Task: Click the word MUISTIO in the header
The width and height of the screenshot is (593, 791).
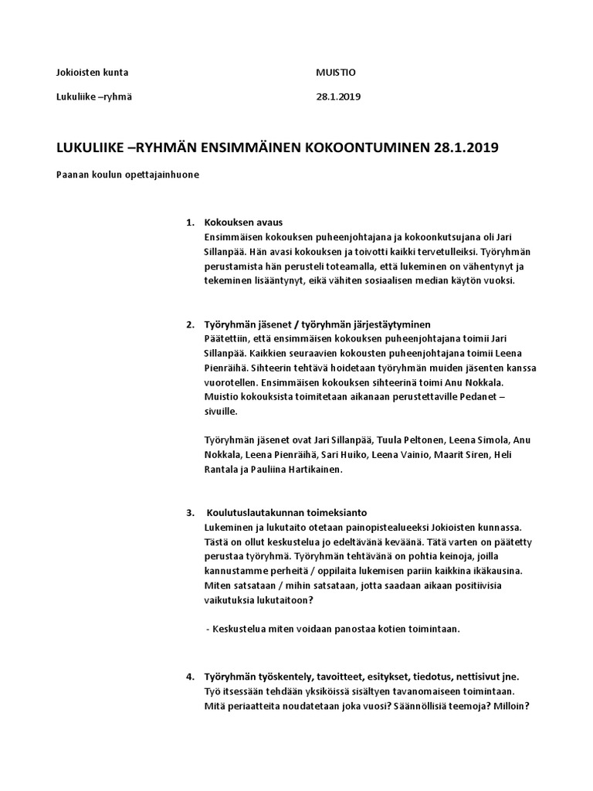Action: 337,73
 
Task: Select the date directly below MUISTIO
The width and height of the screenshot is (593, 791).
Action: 338,97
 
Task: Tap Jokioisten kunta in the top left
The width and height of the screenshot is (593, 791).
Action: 93,73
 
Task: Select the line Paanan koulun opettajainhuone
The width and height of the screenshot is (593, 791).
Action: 127,175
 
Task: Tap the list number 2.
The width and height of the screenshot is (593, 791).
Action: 189,324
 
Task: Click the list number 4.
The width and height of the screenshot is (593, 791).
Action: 189,677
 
